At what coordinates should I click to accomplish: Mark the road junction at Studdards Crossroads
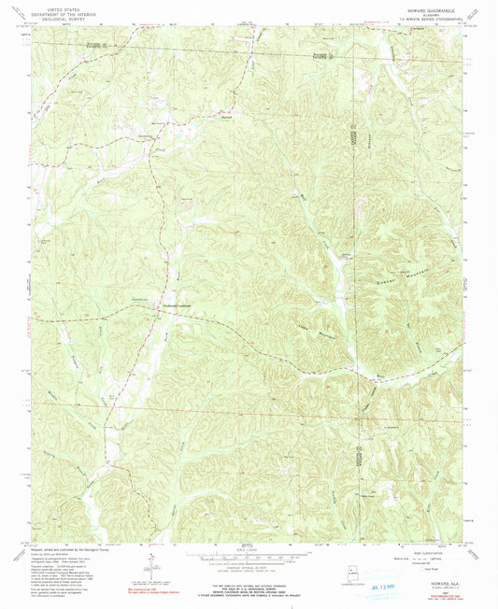[156, 310]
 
